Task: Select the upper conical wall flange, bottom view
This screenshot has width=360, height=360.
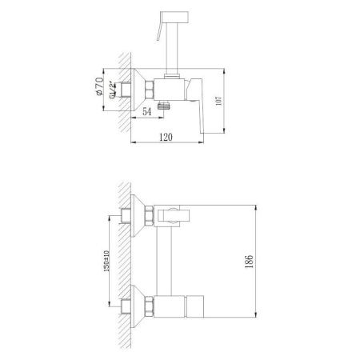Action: click(138, 214)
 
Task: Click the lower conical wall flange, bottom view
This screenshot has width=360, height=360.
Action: click(138, 305)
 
